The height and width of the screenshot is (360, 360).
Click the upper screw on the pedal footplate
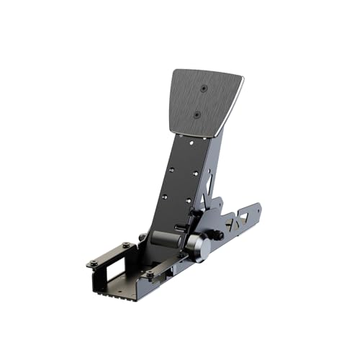(x=204, y=88)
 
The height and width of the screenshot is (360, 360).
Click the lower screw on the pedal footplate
(x=197, y=114)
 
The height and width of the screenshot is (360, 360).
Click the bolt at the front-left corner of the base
(x=93, y=263)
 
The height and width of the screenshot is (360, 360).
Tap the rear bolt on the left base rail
(x=126, y=245)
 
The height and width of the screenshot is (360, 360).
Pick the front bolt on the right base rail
(x=150, y=274)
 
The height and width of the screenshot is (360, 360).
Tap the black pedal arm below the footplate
(x=176, y=180)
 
